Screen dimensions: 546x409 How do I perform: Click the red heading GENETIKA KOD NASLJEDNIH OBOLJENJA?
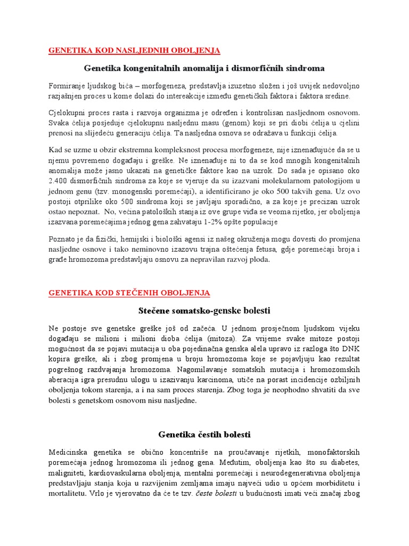tap(134, 51)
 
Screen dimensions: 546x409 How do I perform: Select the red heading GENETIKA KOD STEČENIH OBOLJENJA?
tap(129, 293)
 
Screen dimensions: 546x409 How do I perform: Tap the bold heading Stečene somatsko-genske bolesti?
tap(204, 310)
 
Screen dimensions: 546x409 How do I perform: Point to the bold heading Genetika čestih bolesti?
tap(204, 434)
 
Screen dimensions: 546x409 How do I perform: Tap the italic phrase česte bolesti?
tap(210, 493)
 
